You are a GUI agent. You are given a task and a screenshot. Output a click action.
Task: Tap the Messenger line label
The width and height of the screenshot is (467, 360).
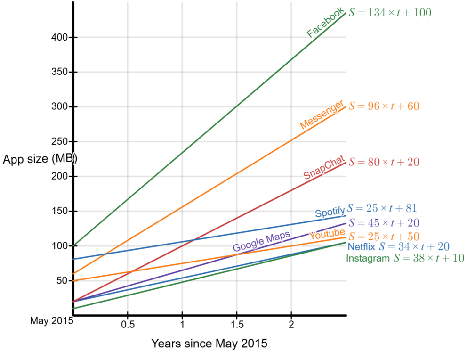(322, 115)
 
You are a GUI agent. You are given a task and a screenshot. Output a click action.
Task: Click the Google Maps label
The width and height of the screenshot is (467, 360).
(261, 241)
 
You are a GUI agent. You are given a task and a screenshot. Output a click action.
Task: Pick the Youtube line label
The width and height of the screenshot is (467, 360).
(327, 234)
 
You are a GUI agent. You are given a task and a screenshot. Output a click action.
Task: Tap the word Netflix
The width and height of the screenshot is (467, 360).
(362, 246)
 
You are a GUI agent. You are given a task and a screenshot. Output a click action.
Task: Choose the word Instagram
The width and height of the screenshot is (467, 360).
(368, 258)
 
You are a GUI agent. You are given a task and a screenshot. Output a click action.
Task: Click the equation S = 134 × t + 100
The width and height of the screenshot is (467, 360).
(390, 13)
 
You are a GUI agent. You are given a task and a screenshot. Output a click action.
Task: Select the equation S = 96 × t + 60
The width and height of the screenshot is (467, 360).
(384, 106)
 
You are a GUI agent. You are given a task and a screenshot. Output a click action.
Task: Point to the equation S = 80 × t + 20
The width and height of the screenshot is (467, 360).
(384, 162)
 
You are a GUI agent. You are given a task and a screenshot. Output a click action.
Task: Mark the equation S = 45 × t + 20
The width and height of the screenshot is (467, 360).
(384, 222)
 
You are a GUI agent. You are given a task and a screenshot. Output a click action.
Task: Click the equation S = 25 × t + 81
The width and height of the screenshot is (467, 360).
(382, 208)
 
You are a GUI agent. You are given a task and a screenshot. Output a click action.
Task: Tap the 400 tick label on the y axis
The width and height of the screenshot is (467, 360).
(60, 37)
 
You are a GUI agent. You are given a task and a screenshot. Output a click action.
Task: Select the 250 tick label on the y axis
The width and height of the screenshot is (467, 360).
(60, 142)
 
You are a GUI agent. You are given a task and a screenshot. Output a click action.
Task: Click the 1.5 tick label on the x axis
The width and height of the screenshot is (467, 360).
(237, 325)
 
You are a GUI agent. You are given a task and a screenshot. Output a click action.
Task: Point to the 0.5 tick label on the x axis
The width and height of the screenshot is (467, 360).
(127, 325)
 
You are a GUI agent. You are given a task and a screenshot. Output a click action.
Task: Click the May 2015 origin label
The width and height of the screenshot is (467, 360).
(51, 321)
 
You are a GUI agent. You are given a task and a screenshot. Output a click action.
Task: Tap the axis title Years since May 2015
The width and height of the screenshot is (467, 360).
(209, 344)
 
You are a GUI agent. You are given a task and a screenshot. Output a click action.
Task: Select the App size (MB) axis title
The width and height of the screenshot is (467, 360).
(40, 159)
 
